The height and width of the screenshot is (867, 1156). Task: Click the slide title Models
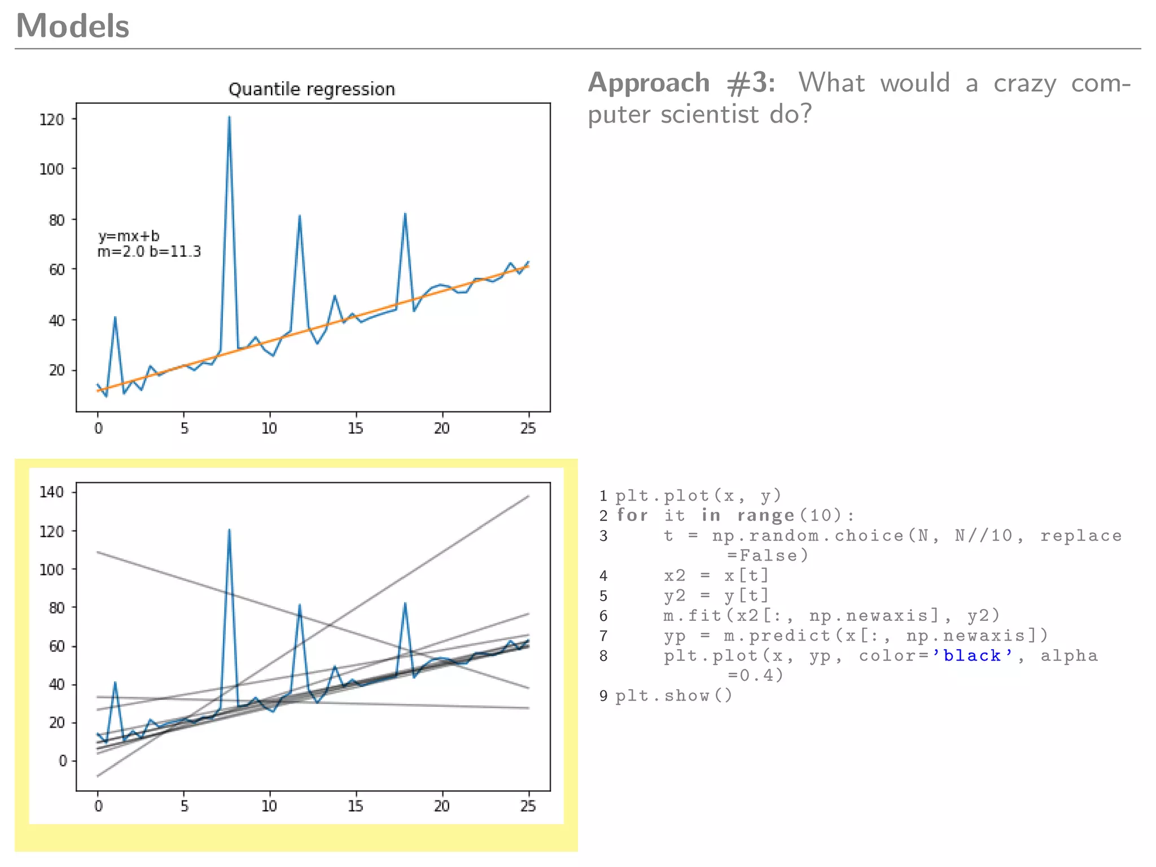click(x=72, y=26)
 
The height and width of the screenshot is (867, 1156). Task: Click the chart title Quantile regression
click(x=311, y=89)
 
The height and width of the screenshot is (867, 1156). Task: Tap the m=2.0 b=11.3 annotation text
click(x=149, y=252)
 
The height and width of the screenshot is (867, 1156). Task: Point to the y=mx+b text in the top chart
click(x=129, y=235)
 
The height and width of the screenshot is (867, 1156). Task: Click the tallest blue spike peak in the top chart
click(x=229, y=117)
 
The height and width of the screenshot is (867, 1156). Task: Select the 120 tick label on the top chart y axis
click(x=51, y=120)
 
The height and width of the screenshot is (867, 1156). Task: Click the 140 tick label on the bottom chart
click(x=51, y=492)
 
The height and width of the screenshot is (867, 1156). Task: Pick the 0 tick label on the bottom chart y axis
click(x=63, y=760)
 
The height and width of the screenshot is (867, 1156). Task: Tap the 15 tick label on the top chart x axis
click(x=355, y=428)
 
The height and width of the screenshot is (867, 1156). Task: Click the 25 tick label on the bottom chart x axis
click(x=528, y=806)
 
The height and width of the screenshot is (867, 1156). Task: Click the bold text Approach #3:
click(x=681, y=83)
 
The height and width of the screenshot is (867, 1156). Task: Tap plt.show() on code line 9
click(x=673, y=695)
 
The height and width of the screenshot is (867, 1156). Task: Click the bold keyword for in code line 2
click(x=632, y=515)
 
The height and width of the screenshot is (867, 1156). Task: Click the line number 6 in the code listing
click(x=603, y=616)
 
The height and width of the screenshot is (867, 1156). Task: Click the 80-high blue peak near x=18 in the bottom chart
click(x=405, y=603)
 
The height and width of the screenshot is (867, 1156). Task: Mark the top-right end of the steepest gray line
click(x=528, y=496)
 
